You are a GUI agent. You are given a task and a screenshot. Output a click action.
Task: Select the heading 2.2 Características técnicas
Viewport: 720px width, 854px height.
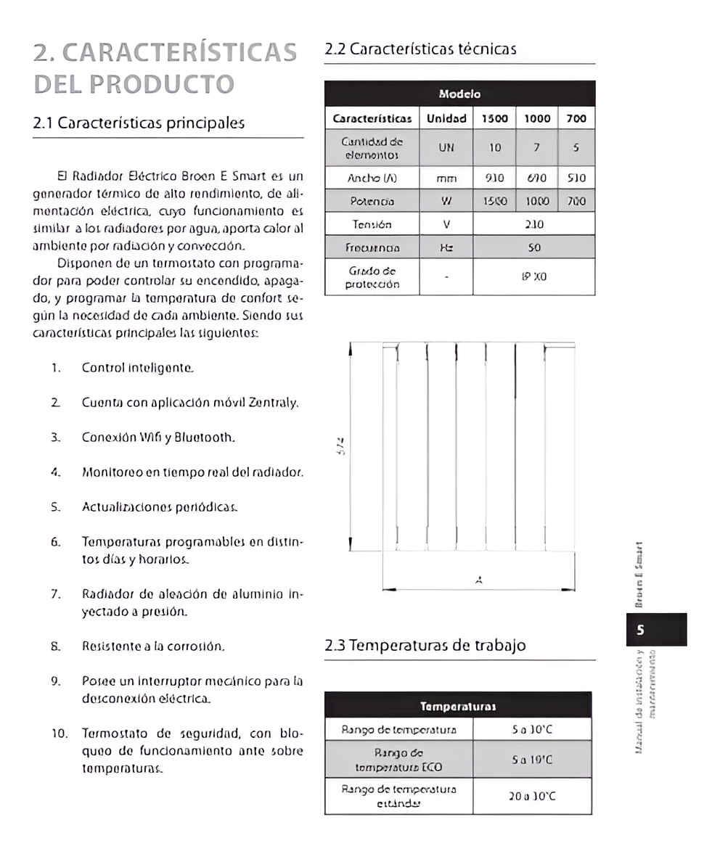(420, 49)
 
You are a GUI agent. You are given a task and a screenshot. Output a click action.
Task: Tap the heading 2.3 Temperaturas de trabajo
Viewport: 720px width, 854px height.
(425, 645)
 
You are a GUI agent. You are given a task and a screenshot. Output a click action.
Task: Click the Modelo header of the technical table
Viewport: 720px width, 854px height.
(459, 94)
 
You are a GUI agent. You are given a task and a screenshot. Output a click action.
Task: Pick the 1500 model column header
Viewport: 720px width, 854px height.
(495, 118)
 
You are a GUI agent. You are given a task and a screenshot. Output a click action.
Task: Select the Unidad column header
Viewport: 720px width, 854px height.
(446, 118)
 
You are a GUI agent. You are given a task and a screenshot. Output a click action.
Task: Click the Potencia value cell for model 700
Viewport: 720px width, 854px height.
(576, 200)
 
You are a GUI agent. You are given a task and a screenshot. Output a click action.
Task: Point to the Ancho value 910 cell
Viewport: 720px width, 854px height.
(495, 178)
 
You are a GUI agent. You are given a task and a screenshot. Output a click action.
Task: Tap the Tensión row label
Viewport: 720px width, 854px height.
(372, 224)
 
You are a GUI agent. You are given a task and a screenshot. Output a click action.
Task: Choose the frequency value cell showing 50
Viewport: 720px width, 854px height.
(534, 247)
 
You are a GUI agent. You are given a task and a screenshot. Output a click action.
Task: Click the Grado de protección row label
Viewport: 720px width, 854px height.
(372, 277)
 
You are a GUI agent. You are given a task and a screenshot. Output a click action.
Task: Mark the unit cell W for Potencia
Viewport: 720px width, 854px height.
(446, 200)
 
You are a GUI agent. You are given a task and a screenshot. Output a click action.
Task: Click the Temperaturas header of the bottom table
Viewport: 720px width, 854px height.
(458, 706)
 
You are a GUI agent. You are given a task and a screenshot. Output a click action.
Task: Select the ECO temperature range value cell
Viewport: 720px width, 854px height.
(532, 760)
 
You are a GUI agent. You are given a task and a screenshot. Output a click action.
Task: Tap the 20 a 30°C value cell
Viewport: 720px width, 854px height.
(532, 797)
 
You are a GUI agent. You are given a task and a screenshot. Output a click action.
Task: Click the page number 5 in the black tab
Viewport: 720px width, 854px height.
(640, 630)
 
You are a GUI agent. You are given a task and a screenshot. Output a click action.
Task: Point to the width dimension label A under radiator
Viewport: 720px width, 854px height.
(478, 580)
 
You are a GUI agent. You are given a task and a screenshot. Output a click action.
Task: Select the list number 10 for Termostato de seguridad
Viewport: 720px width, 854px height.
(59, 734)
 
